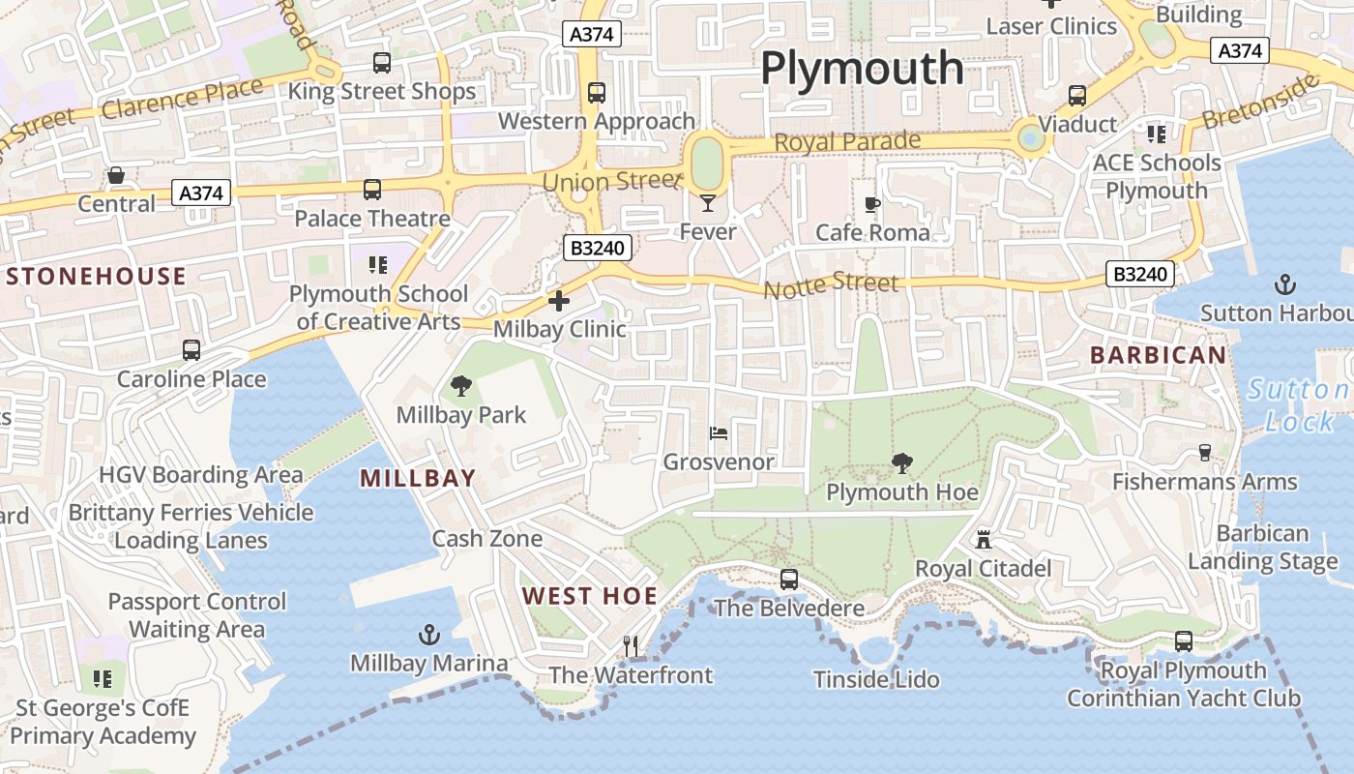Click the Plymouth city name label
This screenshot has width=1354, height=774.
point(862,69)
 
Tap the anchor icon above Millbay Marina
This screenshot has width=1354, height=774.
point(428,635)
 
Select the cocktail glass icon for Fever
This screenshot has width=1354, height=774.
point(708,203)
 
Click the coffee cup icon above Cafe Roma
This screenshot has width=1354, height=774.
point(872,204)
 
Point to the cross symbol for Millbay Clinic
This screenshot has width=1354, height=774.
point(559,301)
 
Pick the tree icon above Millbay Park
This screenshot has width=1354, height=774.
point(461,387)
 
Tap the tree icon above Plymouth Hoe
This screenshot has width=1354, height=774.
point(902,463)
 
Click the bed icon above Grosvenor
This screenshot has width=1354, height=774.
point(718,432)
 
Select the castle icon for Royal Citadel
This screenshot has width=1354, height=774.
point(984,539)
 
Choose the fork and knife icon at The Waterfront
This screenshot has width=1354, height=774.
point(631,645)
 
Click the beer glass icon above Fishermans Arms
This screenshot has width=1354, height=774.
point(1204,452)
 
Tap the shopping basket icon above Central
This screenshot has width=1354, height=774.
point(116,175)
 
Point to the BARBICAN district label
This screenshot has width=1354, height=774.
point(1159,355)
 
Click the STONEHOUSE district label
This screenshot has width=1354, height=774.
point(96,277)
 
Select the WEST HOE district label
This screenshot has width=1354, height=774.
point(590,596)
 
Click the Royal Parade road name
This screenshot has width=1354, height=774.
point(847,142)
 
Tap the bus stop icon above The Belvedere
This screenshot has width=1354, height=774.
point(789,579)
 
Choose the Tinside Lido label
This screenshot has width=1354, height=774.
point(876,679)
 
